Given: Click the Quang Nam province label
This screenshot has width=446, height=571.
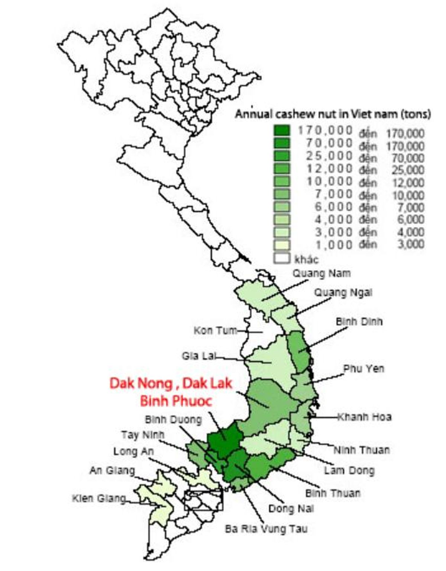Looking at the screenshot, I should pyautogui.click(x=321, y=273).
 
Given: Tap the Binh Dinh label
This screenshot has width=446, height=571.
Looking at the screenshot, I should pyautogui.click(x=359, y=321).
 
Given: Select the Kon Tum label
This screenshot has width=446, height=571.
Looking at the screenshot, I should pyautogui.click(x=215, y=330).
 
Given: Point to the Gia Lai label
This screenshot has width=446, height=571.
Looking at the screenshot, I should pyautogui.click(x=199, y=356).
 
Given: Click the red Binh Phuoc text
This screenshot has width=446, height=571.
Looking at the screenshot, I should pyautogui.click(x=176, y=401).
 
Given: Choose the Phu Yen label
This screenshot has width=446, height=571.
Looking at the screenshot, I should pyautogui.click(x=363, y=369).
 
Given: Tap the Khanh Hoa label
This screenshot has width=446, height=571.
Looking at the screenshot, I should pyautogui.click(x=365, y=417).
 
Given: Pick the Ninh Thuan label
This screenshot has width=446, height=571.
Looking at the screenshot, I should pyautogui.click(x=362, y=450).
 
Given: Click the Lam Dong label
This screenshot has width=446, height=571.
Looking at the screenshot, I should pyautogui.click(x=349, y=471).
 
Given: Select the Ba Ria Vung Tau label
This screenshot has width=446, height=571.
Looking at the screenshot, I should pyautogui.click(x=266, y=529).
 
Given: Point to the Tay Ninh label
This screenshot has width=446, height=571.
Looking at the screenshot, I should pyautogui.click(x=143, y=434).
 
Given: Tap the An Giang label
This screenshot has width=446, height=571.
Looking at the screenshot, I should pyautogui.click(x=112, y=471).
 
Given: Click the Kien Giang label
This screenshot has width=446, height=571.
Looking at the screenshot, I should pyautogui.click(x=99, y=498).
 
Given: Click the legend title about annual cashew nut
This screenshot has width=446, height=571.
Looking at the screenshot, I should pyautogui.click(x=333, y=114).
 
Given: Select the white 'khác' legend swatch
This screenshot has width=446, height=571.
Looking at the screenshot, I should pyautogui.click(x=282, y=258).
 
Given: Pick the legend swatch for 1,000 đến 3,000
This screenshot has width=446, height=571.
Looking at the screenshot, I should pyautogui.click(x=282, y=245).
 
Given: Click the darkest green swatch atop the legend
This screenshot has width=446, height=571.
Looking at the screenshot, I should pyautogui.click(x=282, y=131).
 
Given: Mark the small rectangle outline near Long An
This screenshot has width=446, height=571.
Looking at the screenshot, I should pyautogui.click(x=204, y=500).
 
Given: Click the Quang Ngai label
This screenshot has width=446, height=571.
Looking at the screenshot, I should pyautogui.click(x=343, y=293).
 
